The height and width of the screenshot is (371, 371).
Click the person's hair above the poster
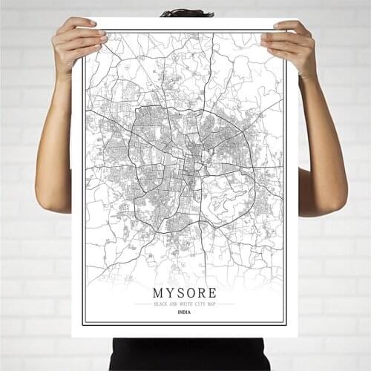click(x=186, y=13)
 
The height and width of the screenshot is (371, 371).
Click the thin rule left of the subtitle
click(x=142, y=303)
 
